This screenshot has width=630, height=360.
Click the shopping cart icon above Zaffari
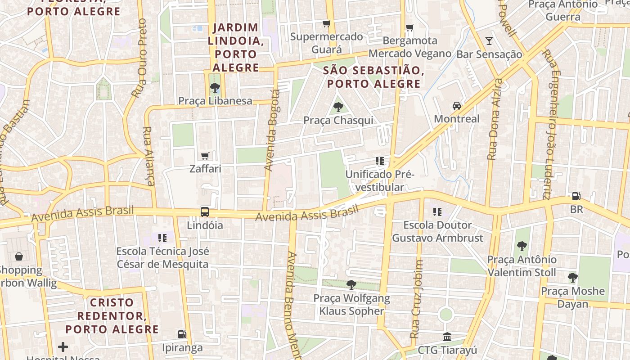tap(205, 156)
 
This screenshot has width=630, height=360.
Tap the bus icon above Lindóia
tap(205, 212)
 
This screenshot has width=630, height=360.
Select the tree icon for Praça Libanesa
tap(215, 88)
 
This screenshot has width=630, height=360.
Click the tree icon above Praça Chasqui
tap(338, 107)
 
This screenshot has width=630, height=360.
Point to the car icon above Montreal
tap(457, 106)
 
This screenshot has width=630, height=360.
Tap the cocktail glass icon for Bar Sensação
tap(489, 41)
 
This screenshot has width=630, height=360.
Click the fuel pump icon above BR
tap(576, 196)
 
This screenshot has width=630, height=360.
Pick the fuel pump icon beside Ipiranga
tap(182, 334)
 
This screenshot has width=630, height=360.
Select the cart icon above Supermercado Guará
tap(327, 23)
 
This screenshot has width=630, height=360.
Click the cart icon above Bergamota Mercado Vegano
tap(409, 28)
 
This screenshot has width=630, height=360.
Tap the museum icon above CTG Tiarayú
tap(447, 337)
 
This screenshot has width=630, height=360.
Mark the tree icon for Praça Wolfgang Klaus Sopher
tap(351, 285)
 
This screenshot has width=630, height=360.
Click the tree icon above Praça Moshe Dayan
tap(572, 278)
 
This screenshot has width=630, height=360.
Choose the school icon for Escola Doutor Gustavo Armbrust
tap(437, 211)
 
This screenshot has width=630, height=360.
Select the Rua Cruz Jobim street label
tap(417, 299)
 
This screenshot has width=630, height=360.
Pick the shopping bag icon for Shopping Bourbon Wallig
tap(19, 257)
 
